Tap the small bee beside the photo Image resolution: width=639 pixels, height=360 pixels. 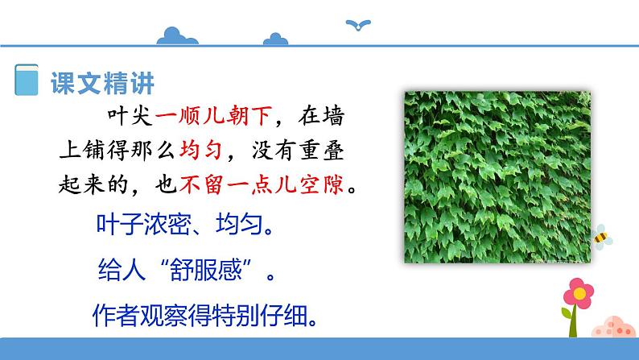click(601, 236)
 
